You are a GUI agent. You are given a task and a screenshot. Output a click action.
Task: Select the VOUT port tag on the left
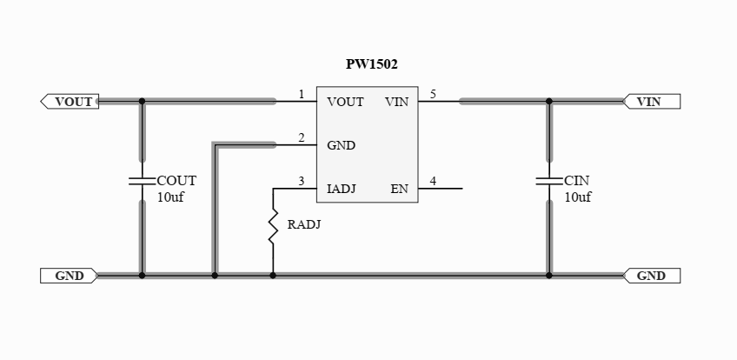tap(70, 102)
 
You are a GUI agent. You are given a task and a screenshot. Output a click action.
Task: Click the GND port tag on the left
tap(69, 276)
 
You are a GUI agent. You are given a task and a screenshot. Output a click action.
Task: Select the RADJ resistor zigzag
tap(273, 225)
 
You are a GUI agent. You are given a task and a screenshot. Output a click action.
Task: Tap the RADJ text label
tap(305, 224)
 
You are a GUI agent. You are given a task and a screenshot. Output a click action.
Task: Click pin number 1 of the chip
tap(301, 94)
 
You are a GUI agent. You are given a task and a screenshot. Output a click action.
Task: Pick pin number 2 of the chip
tap(301, 137)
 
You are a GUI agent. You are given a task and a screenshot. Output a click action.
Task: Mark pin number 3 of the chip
tap(301, 181)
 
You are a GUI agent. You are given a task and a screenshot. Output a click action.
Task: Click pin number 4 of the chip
tap(433, 181)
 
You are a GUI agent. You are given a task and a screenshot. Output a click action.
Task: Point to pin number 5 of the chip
tap(433, 94)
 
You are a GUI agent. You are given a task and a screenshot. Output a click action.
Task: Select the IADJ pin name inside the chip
tap(342, 189)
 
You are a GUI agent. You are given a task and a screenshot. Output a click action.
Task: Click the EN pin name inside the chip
tap(399, 189)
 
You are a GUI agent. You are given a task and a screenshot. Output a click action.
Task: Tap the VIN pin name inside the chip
tap(396, 102)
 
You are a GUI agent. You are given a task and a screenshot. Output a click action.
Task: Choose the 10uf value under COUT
tap(170, 197)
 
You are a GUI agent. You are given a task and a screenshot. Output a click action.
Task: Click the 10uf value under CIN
tap(578, 197)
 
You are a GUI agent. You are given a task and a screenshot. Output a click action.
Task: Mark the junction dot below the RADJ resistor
tap(273, 276)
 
